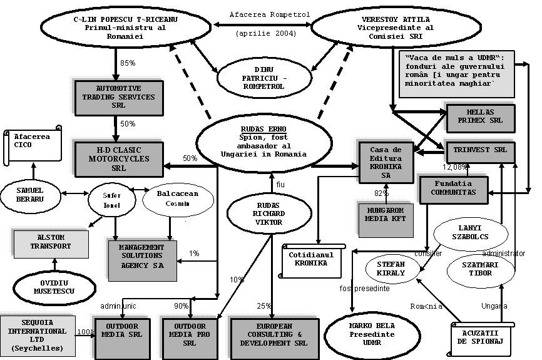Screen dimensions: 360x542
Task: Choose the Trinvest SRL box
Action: [x=480, y=151]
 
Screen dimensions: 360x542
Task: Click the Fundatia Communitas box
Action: [x=453, y=188]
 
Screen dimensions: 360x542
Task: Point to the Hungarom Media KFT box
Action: [x=386, y=214]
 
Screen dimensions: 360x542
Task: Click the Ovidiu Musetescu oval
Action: [x=49, y=287]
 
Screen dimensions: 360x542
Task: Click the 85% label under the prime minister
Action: [x=128, y=63]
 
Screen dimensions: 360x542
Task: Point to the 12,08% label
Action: [x=456, y=167]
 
